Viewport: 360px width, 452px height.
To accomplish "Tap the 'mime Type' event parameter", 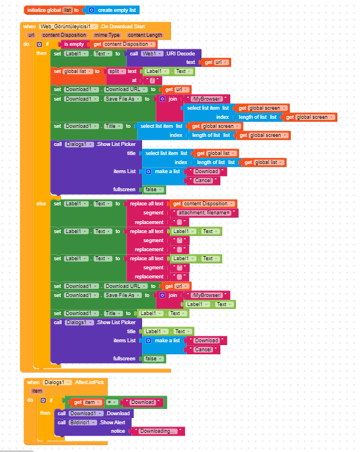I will (x=108, y=35).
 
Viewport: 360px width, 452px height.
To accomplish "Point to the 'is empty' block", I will (x=74, y=44).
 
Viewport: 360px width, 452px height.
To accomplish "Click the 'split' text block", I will (x=115, y=71).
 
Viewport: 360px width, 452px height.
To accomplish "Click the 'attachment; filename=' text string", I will (x=204, y=213).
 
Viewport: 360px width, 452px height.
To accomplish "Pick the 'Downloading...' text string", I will (x=158, y=431).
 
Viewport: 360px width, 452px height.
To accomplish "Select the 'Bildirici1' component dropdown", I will (x=82, y=422).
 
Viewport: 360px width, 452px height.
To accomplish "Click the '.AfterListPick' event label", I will (x=89, y=382).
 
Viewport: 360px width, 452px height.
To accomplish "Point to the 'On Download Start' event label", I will (x=124, y=27).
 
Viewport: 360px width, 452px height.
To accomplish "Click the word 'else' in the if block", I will (x=42, y=203).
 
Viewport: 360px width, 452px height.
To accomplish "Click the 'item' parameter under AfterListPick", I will (x=37, y=391).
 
